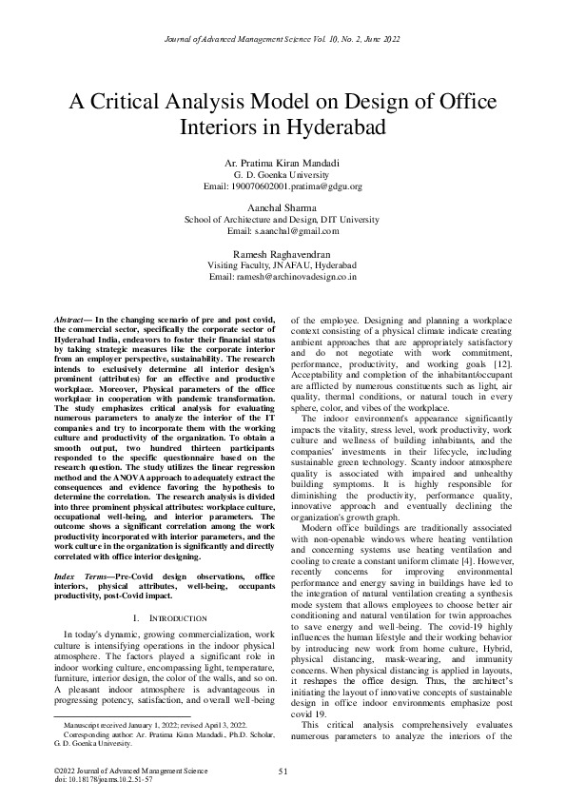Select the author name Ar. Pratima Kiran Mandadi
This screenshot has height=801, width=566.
point(283,165)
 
